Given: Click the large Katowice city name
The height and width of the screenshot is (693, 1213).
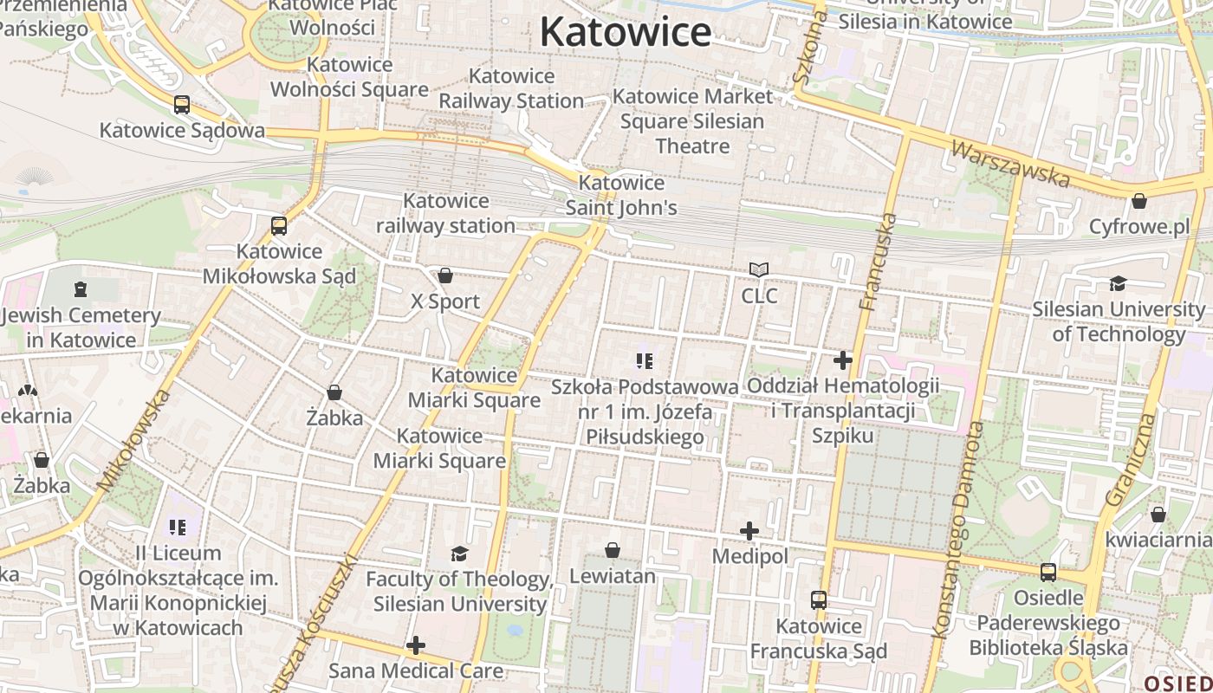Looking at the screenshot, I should pos(625,33).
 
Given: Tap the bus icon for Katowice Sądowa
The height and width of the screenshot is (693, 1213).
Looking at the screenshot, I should pos(181,105).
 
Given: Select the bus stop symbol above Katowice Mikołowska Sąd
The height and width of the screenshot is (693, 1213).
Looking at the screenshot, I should pos(278,226).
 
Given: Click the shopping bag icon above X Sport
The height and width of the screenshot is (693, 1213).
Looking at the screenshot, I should pos(444,275).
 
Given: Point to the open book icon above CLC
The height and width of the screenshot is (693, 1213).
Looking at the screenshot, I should pos(759,270).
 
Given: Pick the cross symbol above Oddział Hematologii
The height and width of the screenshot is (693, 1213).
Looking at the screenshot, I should pos(842,360).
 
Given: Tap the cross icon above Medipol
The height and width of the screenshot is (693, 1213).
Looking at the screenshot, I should pos(749,531).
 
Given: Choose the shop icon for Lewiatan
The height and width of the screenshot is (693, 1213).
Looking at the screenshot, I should pos(612,550).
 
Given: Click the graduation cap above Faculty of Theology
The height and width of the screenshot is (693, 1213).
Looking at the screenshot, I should pos(459,554).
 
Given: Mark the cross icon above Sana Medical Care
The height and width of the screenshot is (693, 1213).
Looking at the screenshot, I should pos(416,645).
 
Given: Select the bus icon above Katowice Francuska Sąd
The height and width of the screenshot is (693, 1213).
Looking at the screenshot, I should pos(818,599).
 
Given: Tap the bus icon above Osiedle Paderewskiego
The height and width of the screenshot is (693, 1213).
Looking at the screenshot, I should pos(1048,573).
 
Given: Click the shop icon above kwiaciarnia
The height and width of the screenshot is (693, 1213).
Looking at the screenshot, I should pos(1158,515).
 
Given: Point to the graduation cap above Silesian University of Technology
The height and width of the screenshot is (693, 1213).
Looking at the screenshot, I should pos(1118,283).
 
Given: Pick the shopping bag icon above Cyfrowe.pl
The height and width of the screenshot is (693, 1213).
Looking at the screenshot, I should pos(1138,201).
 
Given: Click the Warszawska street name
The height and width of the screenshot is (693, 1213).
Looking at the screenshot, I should pos(1010,163).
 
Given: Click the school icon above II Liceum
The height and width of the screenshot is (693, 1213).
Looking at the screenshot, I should pos(178,527).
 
